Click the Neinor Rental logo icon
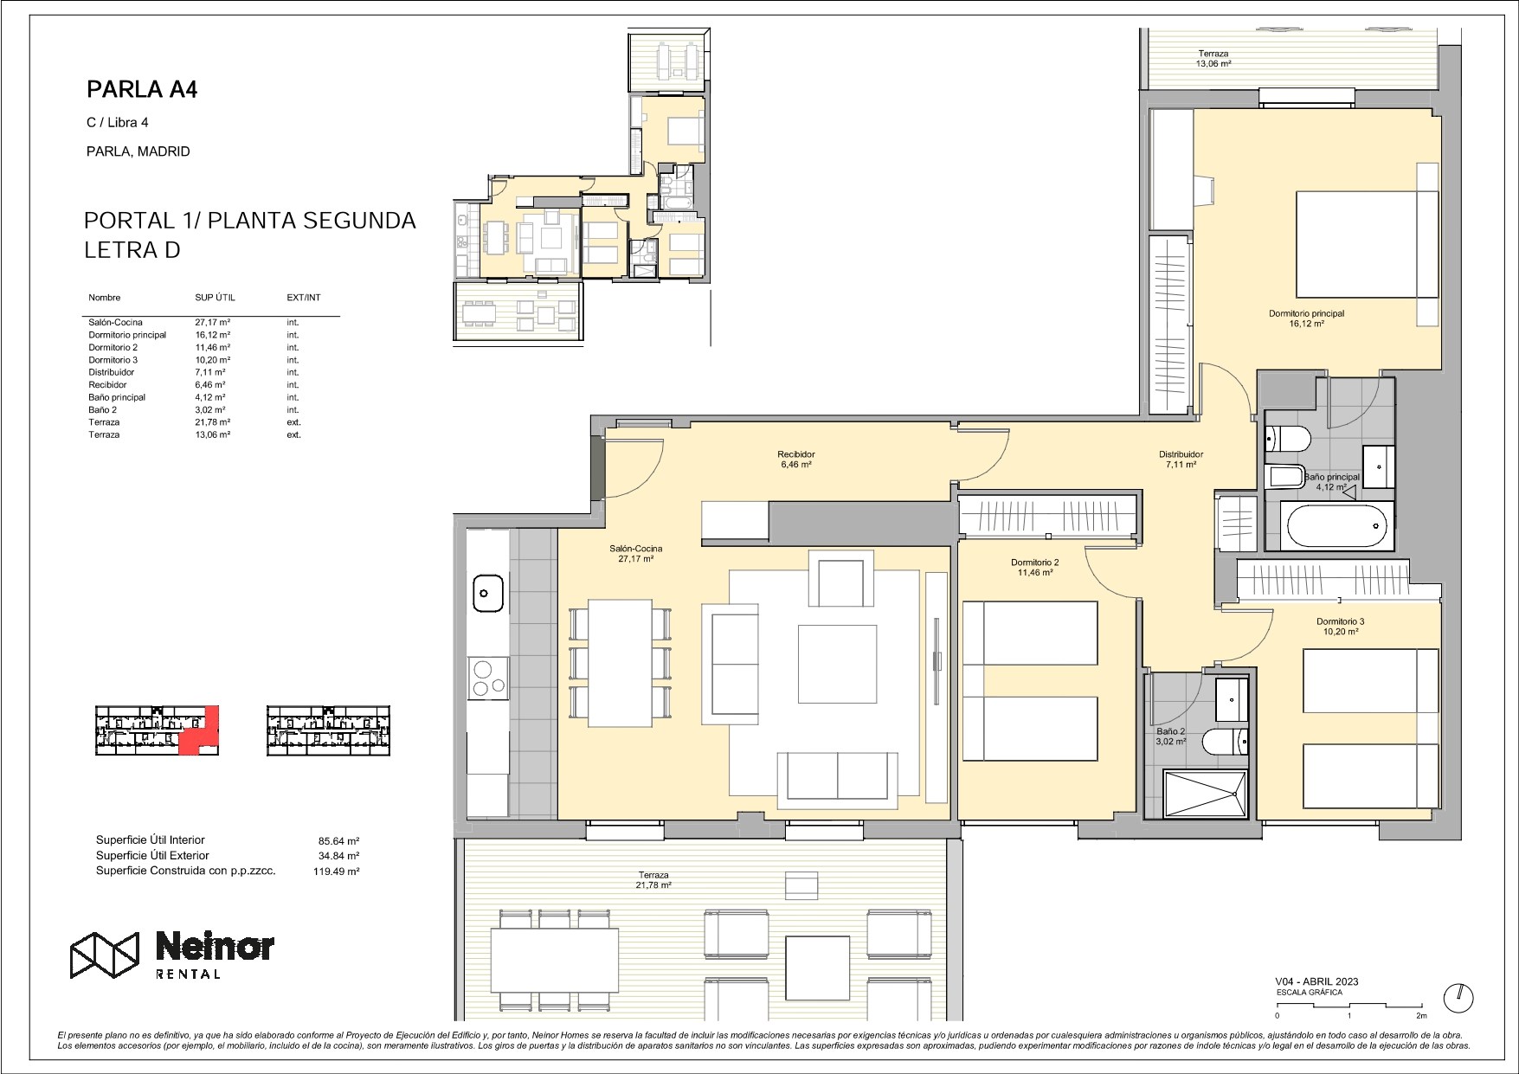click(105, 955)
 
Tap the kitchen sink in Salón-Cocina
click(487, 593)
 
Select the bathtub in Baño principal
click(1336, 525)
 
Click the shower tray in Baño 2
click(1205, 794)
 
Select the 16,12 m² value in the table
click(213, 335)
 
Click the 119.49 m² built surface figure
click(337, 872)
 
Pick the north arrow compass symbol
click(1460, 996)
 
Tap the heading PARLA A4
click(143, 90)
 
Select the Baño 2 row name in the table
click(102, 410)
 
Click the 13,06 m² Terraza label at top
click(1213, 59)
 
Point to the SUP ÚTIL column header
click(215, 298)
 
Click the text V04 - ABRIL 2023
click(1316, 981)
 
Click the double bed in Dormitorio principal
click(1367, 243)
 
